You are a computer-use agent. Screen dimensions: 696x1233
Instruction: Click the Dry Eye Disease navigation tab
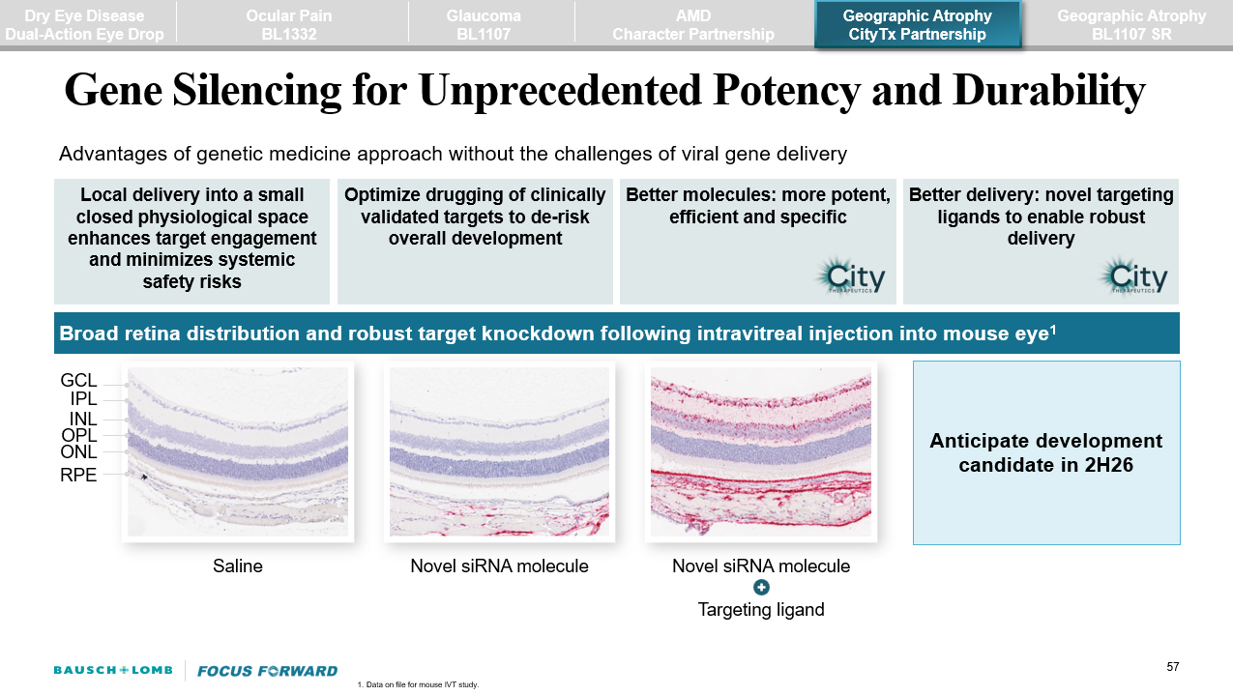click(x=84, y=25)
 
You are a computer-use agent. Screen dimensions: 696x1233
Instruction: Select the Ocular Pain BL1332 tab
click(x=290, y=25)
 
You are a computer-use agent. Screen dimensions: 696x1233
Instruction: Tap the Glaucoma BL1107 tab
click(x=484, y=25)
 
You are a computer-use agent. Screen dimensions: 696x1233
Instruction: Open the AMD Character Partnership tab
click(x=692, y=25)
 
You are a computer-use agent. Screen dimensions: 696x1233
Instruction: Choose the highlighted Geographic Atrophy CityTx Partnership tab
click(x=917, y=25)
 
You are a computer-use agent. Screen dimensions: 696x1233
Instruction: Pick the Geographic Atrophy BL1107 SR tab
click(x=1131, y=25)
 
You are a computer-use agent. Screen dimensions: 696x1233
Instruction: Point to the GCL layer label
click(x=78, y=382)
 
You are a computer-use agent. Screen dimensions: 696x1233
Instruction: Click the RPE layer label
click(x=78, y=475)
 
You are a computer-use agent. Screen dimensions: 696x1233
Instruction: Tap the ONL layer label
click(x=78, y=451)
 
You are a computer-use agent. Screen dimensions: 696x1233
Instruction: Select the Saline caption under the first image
click(x=237, y=566)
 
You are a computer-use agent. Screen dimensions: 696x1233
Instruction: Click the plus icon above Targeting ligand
click(x=761, y=588)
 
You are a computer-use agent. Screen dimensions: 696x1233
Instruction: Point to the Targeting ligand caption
click(x=761, y=610)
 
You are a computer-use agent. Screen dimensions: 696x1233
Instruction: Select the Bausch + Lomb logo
click(x=113, y=671)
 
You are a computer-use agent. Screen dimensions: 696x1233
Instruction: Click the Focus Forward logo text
click(x=267, y=671)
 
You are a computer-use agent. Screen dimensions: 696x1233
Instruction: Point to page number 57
click(x=1173, y=667)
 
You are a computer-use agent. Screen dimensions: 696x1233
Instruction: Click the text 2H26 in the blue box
click(x=1106, y=465)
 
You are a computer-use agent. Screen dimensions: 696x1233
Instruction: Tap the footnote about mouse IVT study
click(x=418, y=684)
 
